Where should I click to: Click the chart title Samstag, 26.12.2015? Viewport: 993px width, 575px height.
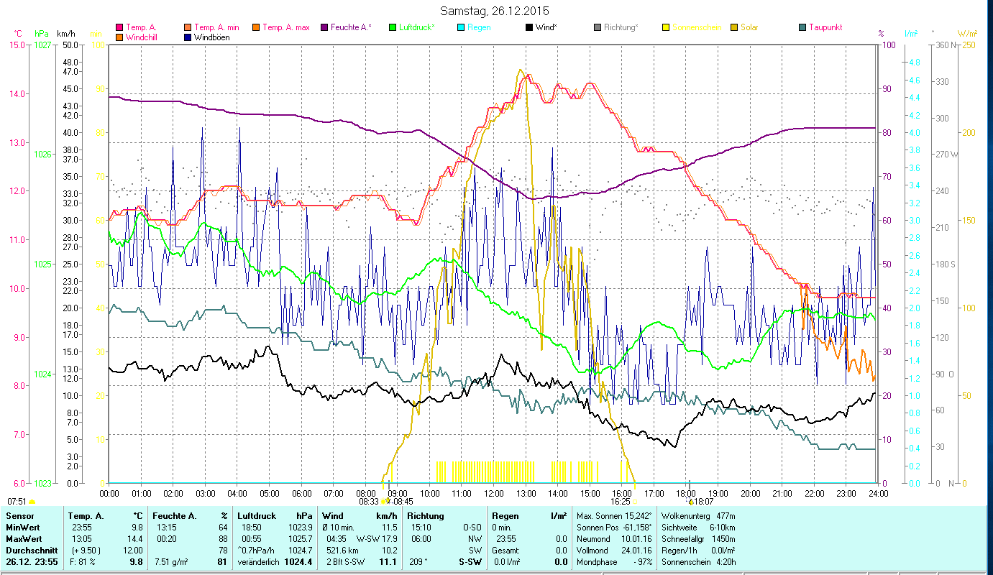[x=496, y=11]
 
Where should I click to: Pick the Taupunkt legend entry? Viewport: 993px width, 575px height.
[x=825, y=27]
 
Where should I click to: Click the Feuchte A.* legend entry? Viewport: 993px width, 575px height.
[x=350, y=27]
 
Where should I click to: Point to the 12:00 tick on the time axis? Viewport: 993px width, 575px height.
[x=494, y=494]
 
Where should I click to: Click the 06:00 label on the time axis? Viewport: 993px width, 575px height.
[x=301, y=494]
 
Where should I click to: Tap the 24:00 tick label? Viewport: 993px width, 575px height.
[x=878, y=494]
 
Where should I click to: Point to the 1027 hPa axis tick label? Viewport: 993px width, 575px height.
[x=42, y=45]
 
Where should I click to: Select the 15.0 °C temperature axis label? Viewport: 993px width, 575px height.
[x=17, y=45]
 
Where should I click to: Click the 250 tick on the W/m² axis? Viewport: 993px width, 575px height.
[x=968, y=45]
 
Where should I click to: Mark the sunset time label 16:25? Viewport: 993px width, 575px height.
[x=620, y=502]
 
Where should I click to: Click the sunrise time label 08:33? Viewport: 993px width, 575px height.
[x=368, y=502]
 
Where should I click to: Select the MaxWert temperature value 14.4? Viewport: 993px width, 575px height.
[x=136, y=539]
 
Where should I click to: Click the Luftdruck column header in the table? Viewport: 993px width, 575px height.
[x=257, y=516]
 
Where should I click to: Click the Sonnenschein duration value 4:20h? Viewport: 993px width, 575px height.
[x=731, y=562]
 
